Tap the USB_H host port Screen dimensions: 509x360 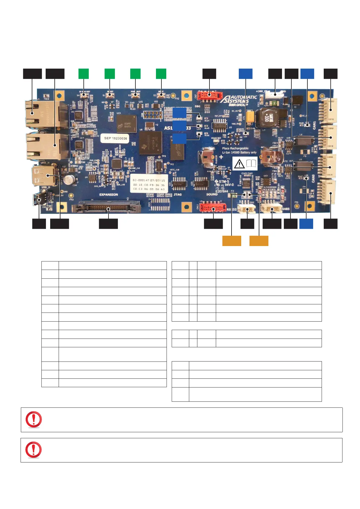44,175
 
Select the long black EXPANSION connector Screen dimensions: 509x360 106,208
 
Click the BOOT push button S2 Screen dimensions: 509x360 161,95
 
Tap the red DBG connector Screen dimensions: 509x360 208,96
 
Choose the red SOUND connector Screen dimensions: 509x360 213,208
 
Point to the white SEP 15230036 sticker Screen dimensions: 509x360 115,138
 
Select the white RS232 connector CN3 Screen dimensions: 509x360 246,208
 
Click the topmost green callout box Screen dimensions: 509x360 84,74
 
